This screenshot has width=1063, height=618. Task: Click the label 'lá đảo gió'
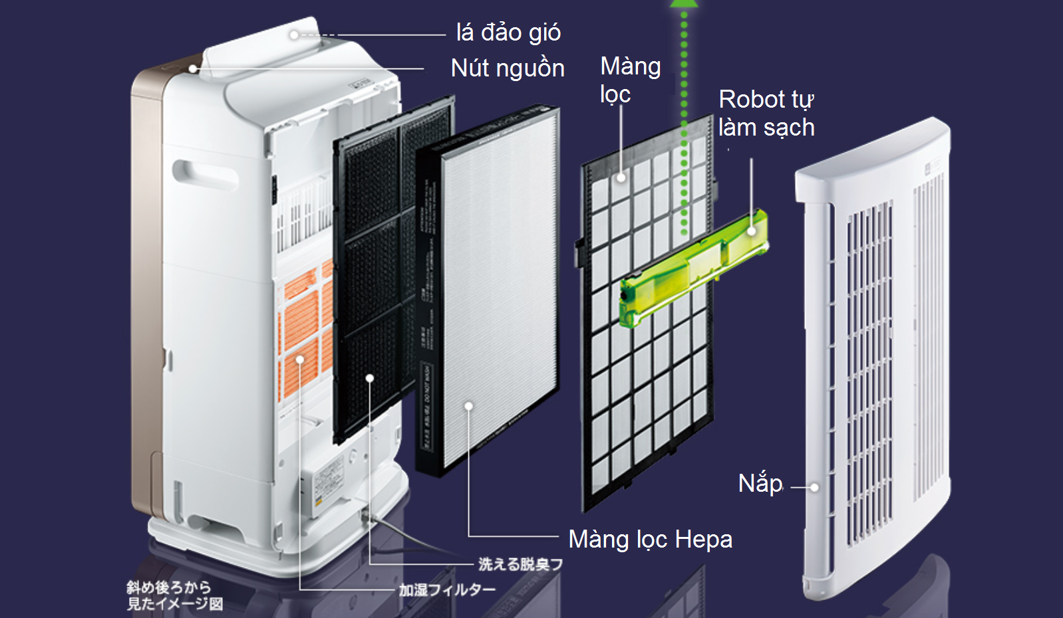click(x=508, y=33)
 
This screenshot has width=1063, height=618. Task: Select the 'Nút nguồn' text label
click(x=508, y=68)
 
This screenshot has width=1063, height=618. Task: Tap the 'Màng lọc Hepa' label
click(x=650, y=539)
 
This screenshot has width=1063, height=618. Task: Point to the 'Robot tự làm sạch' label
click(x=766, y=113)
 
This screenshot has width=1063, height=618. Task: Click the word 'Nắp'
click(x=760, y=483)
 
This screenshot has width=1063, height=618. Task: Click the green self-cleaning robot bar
click(x=692, y=269)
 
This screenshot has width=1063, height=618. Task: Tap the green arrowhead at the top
click(x=684, y=3)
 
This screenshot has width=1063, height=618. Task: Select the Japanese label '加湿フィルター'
click(x=447, y=589)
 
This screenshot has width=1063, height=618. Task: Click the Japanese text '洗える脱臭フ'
click(x=520, y=564)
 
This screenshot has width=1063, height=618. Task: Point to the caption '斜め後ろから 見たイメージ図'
click(x=174, y=595)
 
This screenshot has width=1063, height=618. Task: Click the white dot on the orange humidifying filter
click(x=300, y=360)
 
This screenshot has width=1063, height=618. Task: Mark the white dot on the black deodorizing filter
click(x=370, y=378)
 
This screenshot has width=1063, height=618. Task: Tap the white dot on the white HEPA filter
click(x=469, y=406)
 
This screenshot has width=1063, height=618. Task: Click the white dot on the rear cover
click(x=814, y=487)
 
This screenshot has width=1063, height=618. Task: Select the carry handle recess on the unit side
click(x=204, y=174)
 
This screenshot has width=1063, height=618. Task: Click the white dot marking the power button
click(x=193, y=68)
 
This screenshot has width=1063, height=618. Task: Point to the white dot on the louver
click(x=294, y=35)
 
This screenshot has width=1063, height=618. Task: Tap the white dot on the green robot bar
click(x=752, y=231)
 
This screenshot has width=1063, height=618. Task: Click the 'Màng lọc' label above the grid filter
click(x=629, y=80)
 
